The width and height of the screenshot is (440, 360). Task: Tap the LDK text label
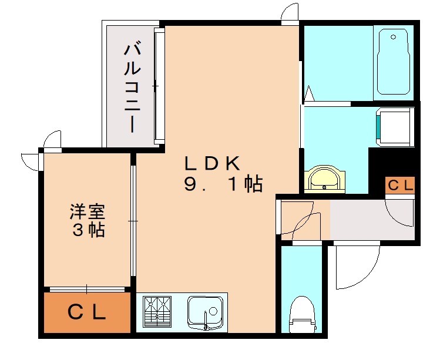210,163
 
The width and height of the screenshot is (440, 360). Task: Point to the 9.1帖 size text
223,185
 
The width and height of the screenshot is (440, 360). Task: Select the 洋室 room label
88,210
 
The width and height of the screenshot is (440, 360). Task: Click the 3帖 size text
88,230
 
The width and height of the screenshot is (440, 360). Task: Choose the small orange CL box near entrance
400,185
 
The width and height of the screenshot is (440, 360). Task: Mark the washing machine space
394,126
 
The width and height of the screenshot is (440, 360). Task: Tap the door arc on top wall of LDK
290,15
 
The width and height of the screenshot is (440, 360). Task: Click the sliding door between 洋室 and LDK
133,221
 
